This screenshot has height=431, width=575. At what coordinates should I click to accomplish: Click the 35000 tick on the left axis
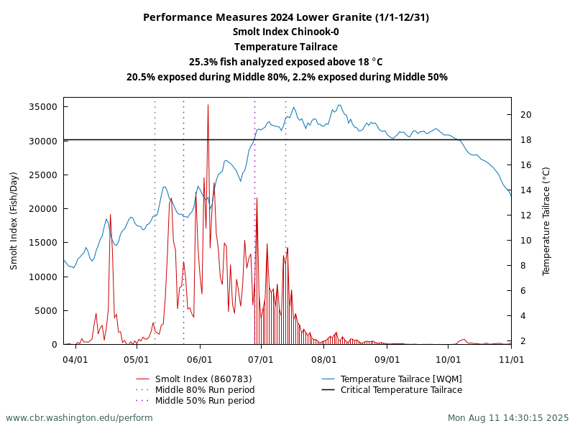pos(42,106)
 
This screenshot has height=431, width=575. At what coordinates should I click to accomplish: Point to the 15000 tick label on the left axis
pos(42,242)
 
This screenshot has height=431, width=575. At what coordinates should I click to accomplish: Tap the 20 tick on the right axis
pos(525,114)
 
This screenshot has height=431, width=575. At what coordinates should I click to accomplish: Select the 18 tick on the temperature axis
pos(525,140)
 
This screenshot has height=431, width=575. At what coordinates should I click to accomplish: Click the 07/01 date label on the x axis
pos(261,358)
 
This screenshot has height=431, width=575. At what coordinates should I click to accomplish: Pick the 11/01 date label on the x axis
pos(511,358)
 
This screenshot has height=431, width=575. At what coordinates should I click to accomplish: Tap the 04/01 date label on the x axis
pos(75,358)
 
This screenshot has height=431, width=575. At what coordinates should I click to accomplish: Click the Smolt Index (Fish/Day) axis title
pos(14,221)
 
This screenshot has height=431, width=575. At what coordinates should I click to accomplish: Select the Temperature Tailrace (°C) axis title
pos(546,221)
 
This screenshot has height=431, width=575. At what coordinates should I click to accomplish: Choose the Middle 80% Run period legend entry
pos(205,389)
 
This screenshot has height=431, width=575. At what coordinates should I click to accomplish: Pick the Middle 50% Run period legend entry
pos(205,400)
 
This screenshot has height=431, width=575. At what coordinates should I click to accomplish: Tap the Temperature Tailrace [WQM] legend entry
pos(401,379)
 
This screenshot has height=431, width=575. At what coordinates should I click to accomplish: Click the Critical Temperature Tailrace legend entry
pos(401,389)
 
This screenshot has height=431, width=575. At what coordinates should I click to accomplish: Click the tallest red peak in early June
pos(208,106)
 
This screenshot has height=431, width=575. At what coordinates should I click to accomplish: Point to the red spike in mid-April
pos(110,214)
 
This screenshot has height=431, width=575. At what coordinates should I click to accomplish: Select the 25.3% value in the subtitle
pos(204,62)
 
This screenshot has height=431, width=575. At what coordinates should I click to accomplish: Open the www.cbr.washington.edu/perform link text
pos(79,417)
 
